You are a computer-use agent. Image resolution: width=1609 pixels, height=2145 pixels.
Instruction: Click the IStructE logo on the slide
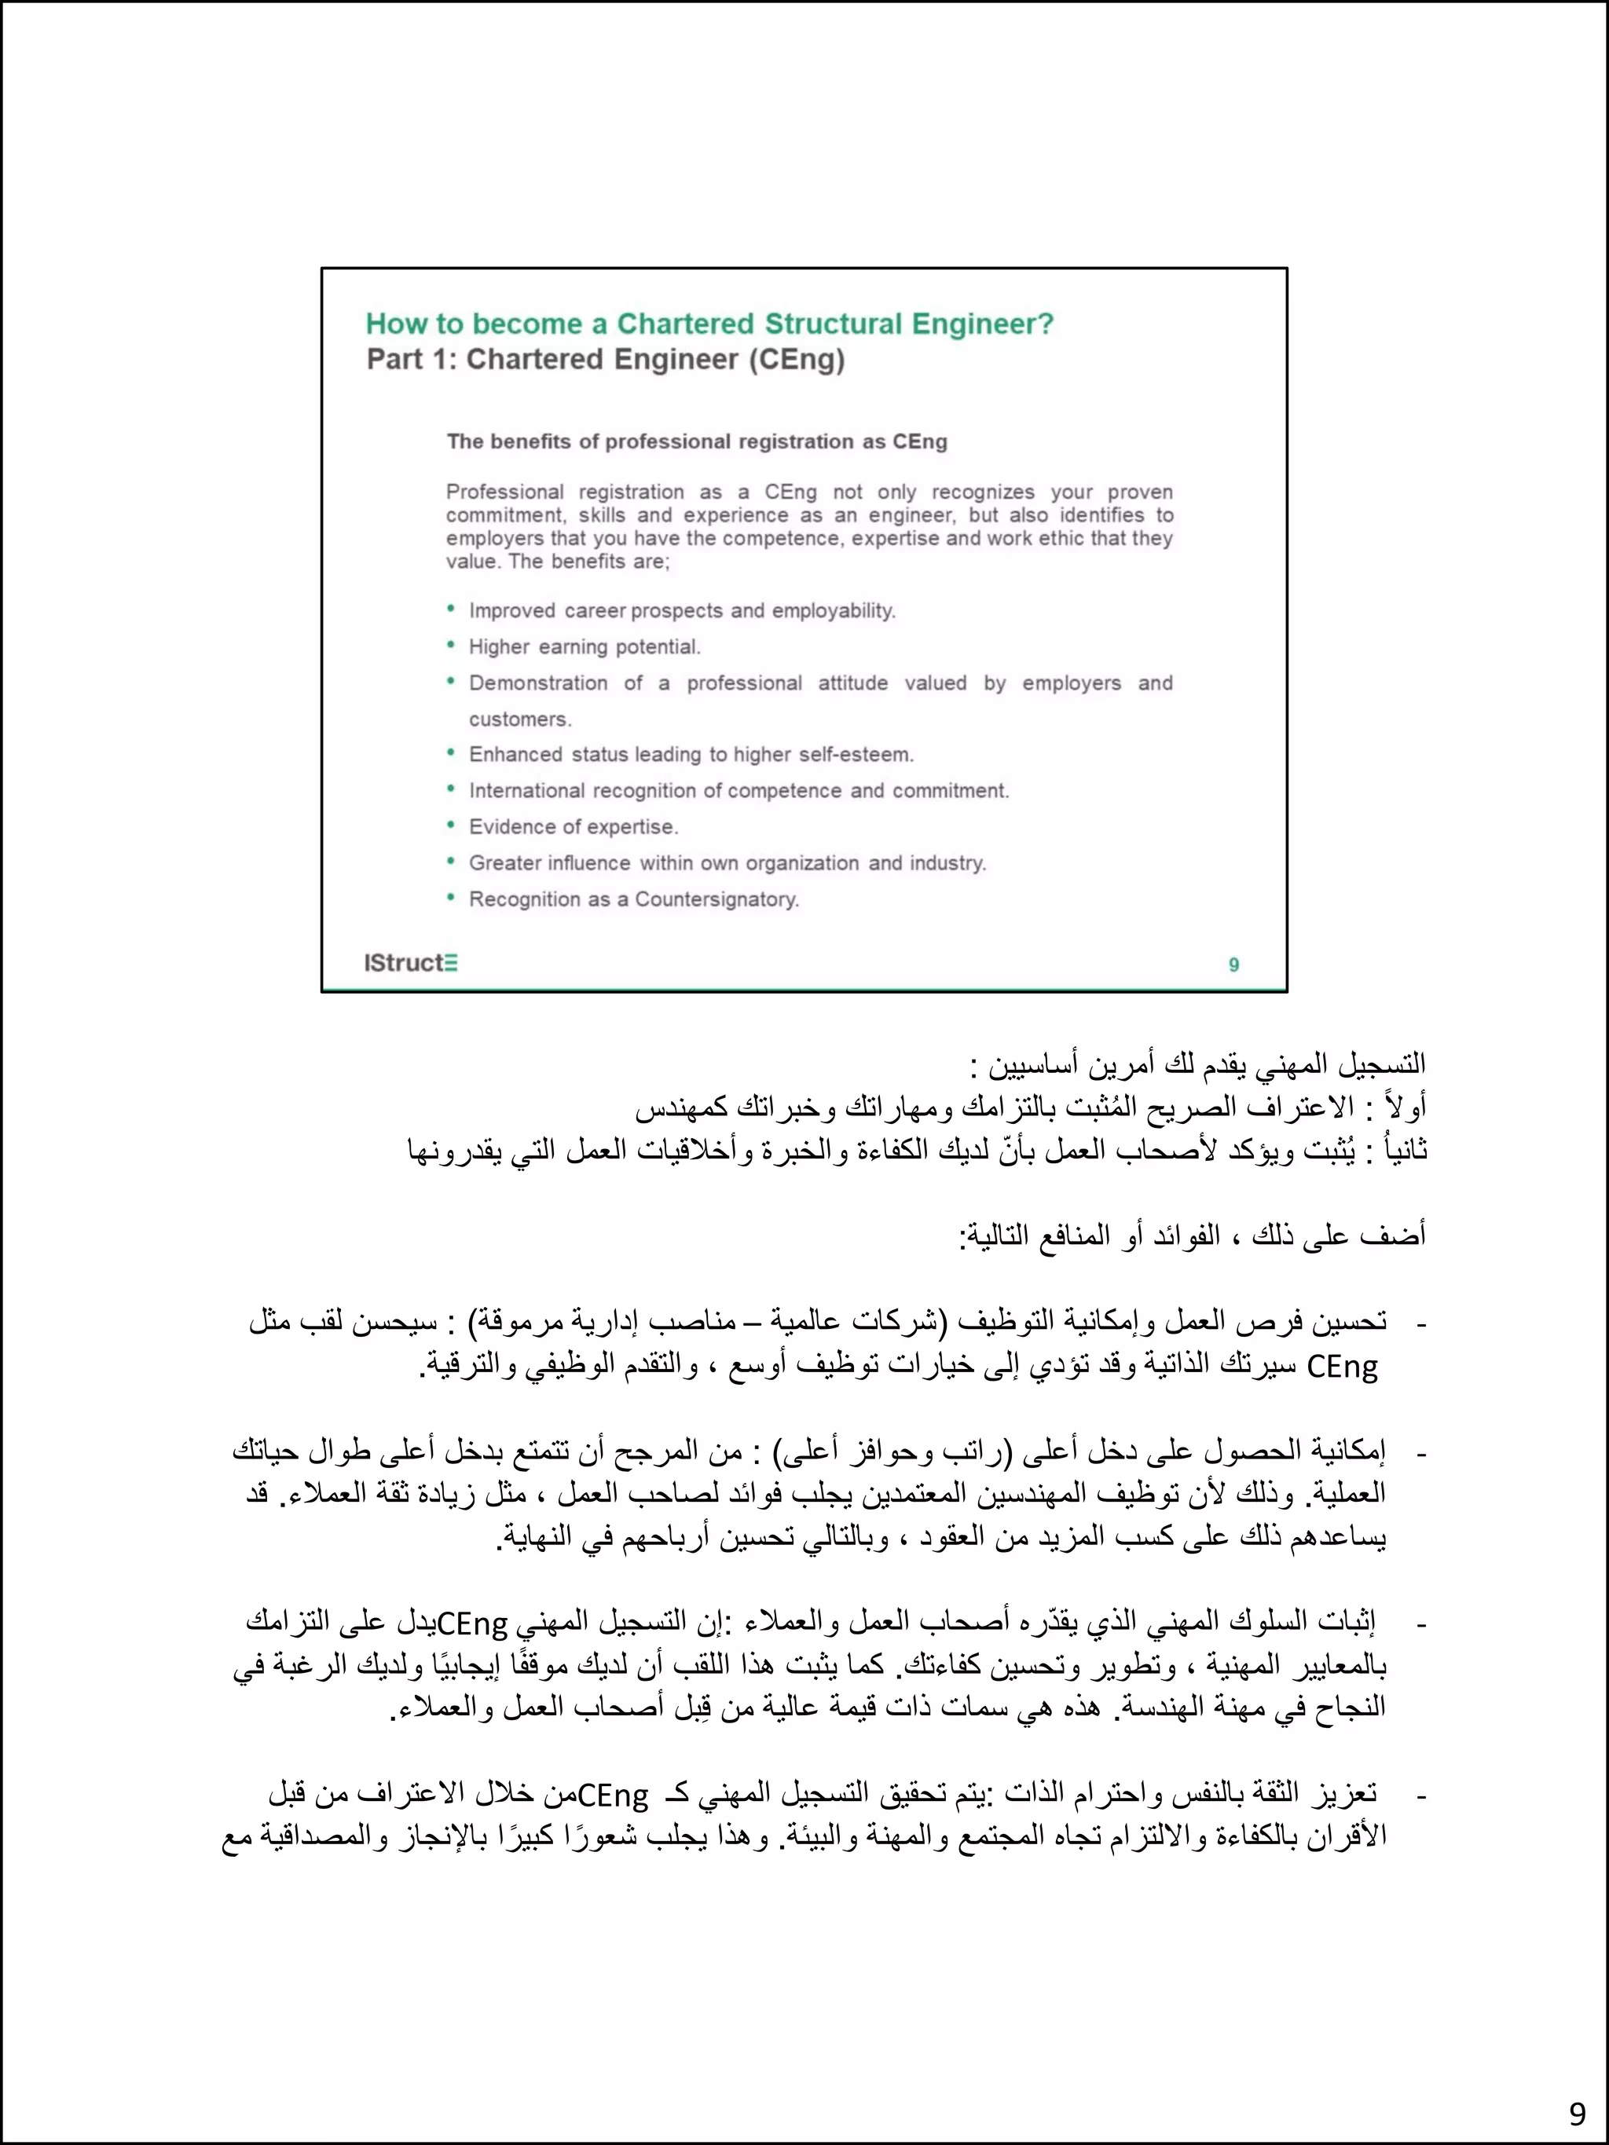click(x=410, y=963)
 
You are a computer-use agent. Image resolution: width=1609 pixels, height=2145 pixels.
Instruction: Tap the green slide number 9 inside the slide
click(x=1233, y=965)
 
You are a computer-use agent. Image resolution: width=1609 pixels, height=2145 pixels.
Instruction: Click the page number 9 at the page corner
click(x=1577, y=2113)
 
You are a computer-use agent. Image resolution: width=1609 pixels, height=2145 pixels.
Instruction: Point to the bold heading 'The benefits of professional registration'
click(x=696, y=442)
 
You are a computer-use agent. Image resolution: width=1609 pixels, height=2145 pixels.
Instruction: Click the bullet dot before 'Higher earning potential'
click(x=451, y=646)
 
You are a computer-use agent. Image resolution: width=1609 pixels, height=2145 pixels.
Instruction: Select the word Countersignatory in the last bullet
click(x=717, y=900)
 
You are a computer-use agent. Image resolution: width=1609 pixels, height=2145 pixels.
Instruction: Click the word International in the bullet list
click(x=528, y=791)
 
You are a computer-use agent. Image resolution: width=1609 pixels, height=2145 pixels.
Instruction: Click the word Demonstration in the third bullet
click(x=538, y=683)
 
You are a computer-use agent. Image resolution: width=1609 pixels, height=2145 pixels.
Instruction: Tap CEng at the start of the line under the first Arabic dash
click(x=1343, y=1367)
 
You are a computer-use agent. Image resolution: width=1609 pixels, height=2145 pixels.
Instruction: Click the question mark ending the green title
click(x=1046, y=324)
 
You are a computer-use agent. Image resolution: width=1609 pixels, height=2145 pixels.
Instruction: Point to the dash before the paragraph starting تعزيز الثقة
click(x=1423, y=1796)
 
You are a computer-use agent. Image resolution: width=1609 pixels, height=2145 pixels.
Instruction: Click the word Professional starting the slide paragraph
click(x=504, y=492)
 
